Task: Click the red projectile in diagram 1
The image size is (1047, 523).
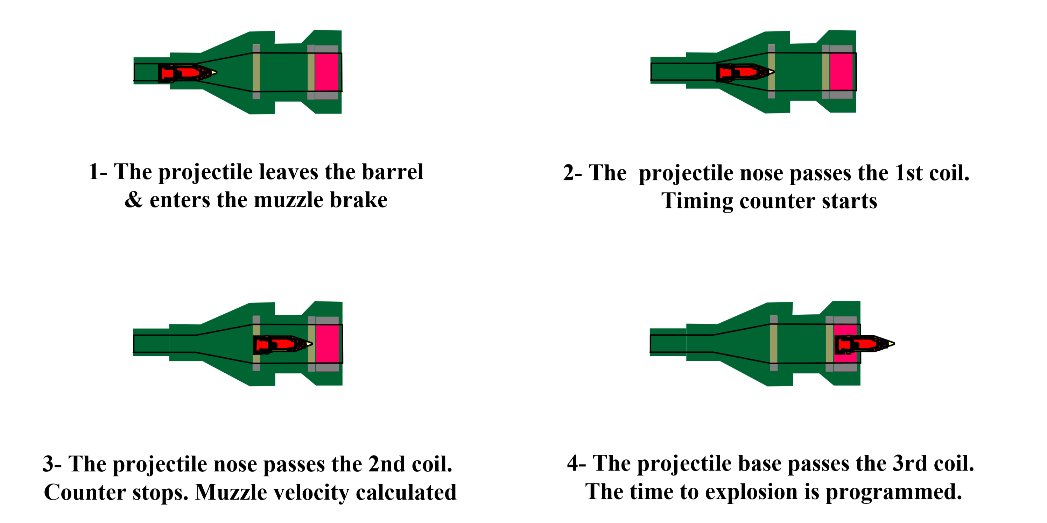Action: tap(187, 73)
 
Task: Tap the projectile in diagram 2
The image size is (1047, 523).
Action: tap(745, 72)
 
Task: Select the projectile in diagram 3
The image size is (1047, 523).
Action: tap(282, 345)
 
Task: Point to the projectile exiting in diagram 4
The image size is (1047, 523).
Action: tap(864, 344)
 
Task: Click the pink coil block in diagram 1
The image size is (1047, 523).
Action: tap(326, 72)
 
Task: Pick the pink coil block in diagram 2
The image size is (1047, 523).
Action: tap(841, 72)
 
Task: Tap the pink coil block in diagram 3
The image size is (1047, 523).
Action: tap(327, 344)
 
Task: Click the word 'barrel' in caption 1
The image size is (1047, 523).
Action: tap(392, 172)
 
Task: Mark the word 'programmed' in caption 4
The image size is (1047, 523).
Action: tap(894, 493)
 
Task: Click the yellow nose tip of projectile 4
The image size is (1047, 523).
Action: tap(891, 344)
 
